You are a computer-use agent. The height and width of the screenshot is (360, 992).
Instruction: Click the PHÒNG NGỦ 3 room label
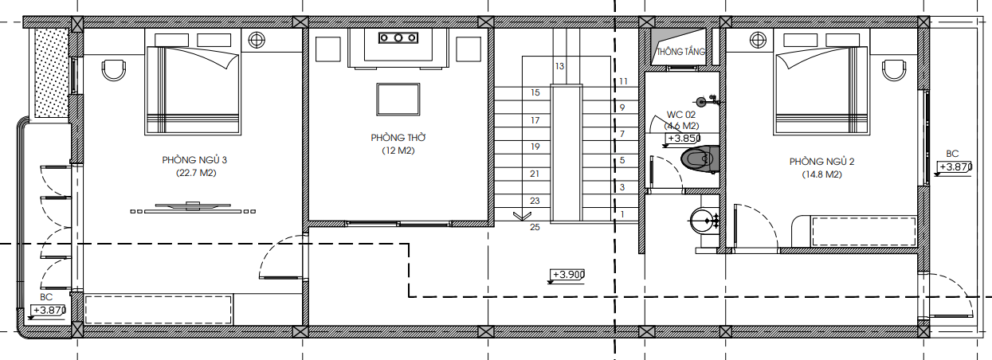click(x=194, y=159)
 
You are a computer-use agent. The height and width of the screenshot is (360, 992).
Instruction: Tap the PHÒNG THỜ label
click(x=398, y=137)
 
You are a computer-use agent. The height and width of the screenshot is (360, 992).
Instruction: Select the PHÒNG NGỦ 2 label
click(x=821, y=161)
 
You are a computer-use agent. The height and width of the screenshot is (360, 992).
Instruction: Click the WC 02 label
click(x=681, y=115)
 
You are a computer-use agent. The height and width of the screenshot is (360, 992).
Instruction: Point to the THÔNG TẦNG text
click(x=680, y=52)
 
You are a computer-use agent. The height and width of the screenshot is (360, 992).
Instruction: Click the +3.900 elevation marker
click(x=567, y=276)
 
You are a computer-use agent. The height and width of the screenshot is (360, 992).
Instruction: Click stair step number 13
click(x=559, y=66)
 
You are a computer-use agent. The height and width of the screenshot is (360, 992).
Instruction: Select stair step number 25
click(x=535, y=227)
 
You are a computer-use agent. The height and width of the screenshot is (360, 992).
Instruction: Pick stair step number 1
click(x=622, y=214)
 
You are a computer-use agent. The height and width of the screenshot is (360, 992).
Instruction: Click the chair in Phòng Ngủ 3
click(x=113, y=70)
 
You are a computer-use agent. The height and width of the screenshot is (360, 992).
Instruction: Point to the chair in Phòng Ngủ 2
click(x=894, y=70)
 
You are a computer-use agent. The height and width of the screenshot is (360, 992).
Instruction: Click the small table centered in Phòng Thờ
click(x=398, y=100)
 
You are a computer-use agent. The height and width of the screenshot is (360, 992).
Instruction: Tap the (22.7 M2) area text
click(x=196, y=173)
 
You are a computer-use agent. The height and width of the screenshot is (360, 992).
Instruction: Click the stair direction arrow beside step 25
click(x=522, y=216)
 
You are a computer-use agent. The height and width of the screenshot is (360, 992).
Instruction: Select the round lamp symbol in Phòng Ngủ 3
click(x=257, y=40)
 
